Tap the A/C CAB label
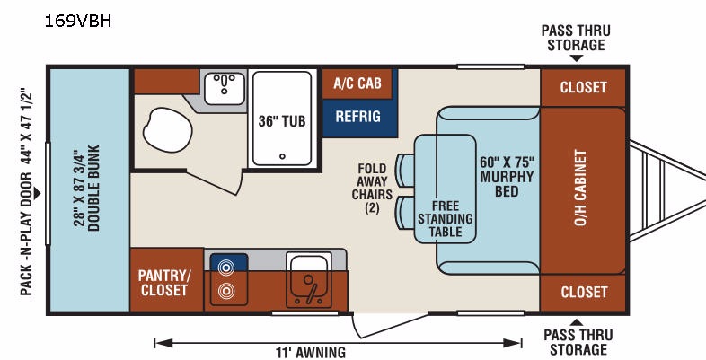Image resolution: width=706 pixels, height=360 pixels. (357, 83)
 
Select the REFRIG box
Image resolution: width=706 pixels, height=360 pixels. (357, 117)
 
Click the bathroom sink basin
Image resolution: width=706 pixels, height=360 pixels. (225, 87)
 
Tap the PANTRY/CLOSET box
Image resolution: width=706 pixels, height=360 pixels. (163, 282)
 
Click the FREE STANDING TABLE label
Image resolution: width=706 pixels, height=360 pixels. (446, 218)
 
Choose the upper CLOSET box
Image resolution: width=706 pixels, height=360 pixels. (583, 87)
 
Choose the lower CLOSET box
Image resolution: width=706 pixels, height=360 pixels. (583, 292)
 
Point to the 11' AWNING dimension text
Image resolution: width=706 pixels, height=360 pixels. (311, 352)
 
